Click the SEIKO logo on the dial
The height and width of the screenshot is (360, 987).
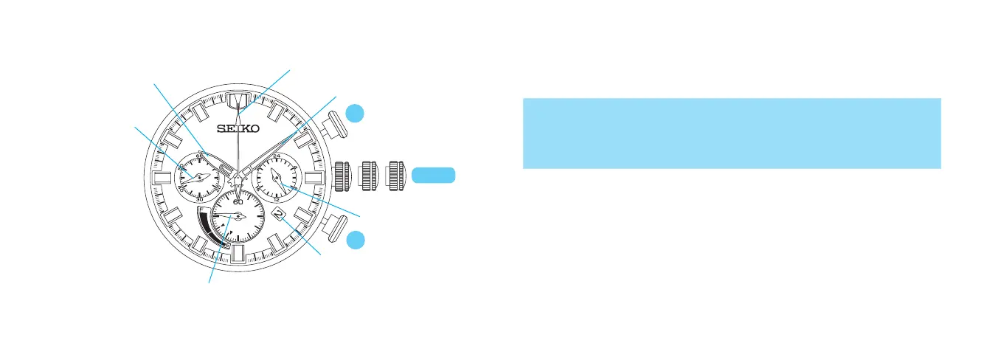click(x=238, y=128)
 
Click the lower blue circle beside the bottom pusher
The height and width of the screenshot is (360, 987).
click(x=356, y=239)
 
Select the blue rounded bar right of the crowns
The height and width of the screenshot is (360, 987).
click(x=434, y=175)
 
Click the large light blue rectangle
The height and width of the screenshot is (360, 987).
click(x=732, y=133)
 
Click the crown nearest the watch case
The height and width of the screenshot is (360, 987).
click(x=342, y=176)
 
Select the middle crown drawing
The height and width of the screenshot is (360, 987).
click(x=368, y=176)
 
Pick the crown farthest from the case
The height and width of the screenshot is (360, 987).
click(x=398, y=176)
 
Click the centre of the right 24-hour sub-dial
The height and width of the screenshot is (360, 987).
click(x=274, y=176)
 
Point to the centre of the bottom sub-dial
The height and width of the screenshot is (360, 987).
click(x=238, y=215)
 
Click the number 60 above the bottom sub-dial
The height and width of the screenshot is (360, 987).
click(x=238, y=201)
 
